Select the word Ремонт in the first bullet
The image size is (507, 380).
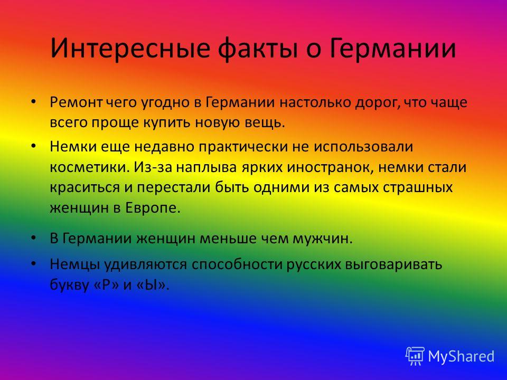coord(76,102)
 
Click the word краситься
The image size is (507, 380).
coord(84,188)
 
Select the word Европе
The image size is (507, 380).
coord(153,208)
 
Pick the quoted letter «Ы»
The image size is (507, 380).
coord(152,284)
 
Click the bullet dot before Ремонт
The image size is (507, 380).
coord(33,102)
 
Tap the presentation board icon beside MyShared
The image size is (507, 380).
coord(415,356)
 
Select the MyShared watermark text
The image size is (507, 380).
coord(461,356)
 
